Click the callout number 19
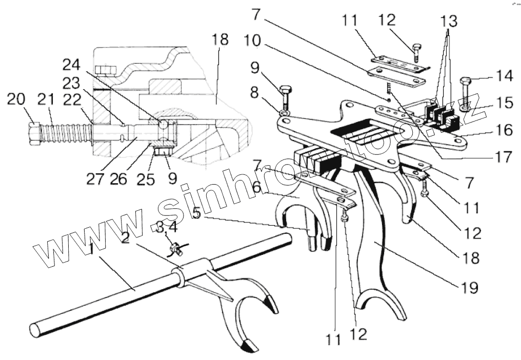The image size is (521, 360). point(468,287)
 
